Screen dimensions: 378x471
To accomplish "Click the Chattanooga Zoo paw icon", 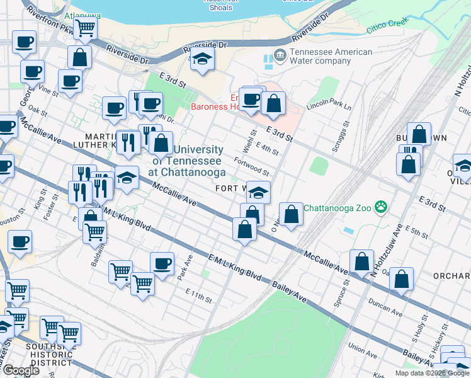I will pyautogui.click(x=380, y=207).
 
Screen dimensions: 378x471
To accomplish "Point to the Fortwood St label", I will pyautogui.click(x=255, y=166).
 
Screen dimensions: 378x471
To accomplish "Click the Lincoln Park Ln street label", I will pyautogui.click(x=328, y=102).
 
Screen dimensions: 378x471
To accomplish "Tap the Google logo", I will pyautogui.click(x=21, y=370).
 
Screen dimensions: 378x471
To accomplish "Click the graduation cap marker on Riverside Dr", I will pyautogui.click(x=202, y=59).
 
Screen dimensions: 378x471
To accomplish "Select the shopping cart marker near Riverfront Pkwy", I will pyautogui.click(x=85, y=28).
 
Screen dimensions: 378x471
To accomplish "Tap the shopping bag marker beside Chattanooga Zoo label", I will pyautogui.click(x=291, y=215).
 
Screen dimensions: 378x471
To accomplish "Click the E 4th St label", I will pyautogui.click(x=267, y=149).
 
